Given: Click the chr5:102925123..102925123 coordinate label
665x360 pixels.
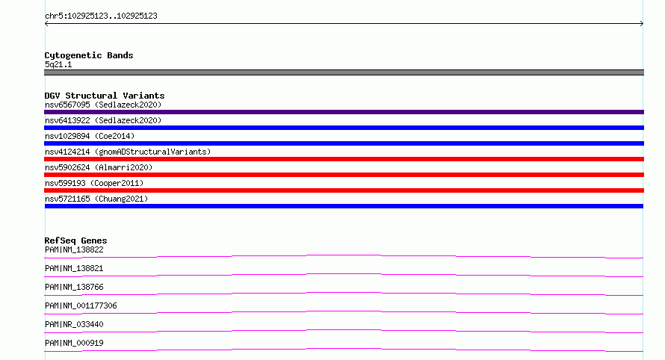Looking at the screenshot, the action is [101, 16].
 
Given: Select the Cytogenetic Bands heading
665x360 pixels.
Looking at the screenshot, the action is [89, 55].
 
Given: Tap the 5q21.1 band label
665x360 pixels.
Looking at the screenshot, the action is [58, 64].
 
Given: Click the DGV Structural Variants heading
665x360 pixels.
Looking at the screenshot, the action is [105, 96].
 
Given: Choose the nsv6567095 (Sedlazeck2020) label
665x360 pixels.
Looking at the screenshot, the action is [103, 105].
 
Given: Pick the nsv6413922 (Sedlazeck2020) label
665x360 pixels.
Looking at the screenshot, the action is [103, 120].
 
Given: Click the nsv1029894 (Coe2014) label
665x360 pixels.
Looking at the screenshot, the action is [90, 136].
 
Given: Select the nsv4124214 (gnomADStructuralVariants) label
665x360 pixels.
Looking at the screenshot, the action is [128, 152].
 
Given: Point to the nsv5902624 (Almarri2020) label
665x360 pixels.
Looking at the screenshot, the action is [99, 167].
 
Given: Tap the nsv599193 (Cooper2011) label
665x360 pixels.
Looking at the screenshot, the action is [94, 183].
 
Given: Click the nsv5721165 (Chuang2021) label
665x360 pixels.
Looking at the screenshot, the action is [96, 199].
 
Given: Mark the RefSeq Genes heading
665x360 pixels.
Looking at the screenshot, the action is [75, 240].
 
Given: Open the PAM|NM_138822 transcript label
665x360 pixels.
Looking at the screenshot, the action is [74, 249].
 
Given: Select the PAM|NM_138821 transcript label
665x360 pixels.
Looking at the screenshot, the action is [74, 268].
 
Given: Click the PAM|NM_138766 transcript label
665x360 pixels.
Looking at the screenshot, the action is [74, 287].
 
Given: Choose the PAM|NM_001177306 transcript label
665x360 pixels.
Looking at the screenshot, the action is [81, 305].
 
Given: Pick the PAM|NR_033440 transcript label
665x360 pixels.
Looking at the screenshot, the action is [74, 324].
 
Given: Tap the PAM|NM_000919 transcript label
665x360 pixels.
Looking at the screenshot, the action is [74, 343].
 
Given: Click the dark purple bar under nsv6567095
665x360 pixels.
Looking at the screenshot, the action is [344, 112].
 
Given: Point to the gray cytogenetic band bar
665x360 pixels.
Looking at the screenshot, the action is [344, 72].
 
